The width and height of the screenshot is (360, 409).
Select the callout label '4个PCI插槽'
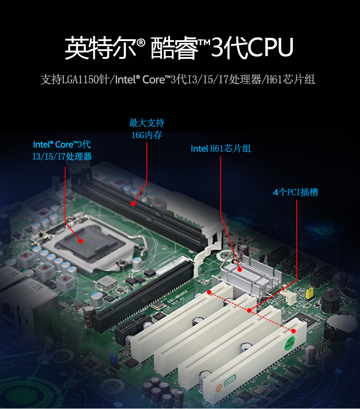295,192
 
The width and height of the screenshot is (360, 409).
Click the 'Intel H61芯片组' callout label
221,149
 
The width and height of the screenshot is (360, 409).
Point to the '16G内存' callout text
146,135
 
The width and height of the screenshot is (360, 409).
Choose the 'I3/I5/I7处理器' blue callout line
62,157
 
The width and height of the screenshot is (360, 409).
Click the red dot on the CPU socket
81,240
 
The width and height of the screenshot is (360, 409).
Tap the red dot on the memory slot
133,203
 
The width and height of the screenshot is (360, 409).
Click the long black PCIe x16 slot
146,292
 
